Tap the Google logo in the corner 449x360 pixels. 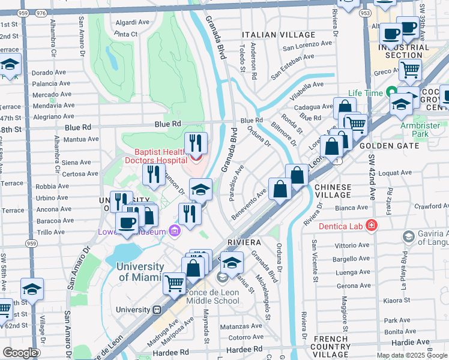pos(19,353)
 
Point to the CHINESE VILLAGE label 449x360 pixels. pos(333,191)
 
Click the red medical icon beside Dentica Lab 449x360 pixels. pos(372,225)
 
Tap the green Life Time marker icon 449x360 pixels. pos(391,93)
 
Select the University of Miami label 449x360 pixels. pos(140,272)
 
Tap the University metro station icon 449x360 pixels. pos(157,310)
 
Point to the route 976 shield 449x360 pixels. pos(41,11)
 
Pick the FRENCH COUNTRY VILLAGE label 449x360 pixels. pos(331,343)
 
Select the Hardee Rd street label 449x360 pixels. pos(245,349)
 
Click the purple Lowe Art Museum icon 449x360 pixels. pos(175,230)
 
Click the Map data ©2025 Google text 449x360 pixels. pos(412,355)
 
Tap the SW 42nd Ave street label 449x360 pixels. pos(372,178)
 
